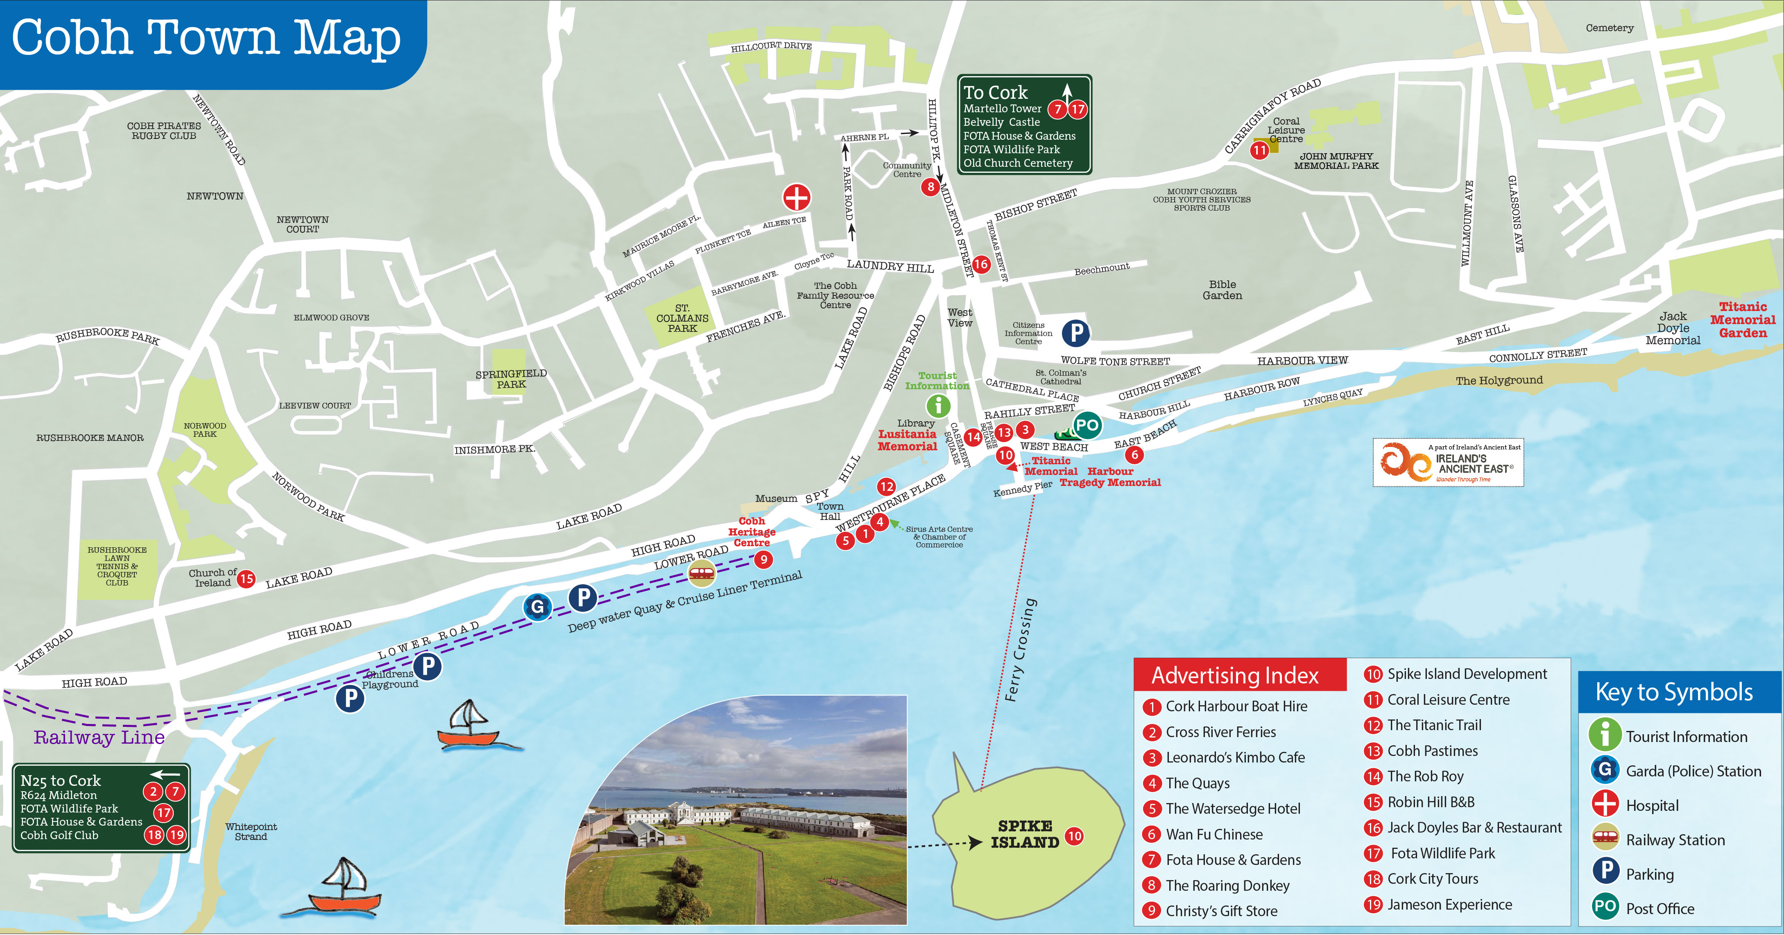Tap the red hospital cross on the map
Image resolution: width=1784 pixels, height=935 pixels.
[x=797, y=197]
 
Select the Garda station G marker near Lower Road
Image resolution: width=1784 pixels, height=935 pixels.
[x=537, y=607]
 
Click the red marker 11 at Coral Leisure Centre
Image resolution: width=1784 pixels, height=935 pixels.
[x=1259, y=150]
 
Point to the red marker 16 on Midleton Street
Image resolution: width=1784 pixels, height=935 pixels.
[x=980, y=264]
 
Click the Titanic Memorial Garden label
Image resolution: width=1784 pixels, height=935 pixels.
[x=1743, y=320]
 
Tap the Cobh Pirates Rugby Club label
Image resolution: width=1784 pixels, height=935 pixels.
[x=164, y=131]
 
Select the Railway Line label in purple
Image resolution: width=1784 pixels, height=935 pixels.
[x=99, y=738]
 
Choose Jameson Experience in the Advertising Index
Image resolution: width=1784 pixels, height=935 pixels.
[x=1449, y=905]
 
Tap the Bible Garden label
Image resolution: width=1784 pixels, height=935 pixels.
[x=1223, y=290]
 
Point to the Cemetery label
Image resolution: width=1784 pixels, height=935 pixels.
[x=1610, y=28]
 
